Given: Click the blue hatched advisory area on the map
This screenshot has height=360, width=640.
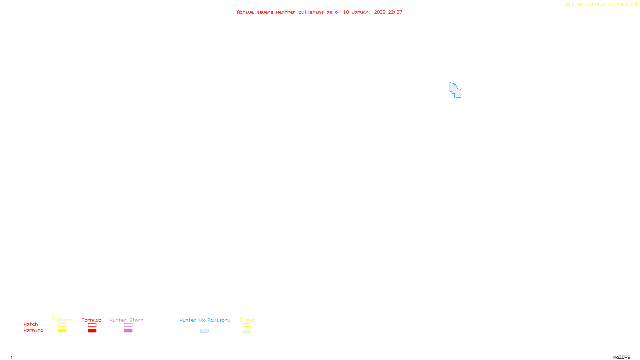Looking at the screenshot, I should click(x=455, y=90).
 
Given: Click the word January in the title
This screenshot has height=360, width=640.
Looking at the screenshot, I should click(x=362, y=12).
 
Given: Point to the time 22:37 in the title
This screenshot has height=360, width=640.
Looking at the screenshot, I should click(x=395, y=12).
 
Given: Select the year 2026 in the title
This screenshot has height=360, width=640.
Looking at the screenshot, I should click(x=380, y=12).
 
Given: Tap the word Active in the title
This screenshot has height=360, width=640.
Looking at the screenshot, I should click(x=245, y=12).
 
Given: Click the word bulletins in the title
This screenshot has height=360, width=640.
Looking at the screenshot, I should click(x=311, y=12).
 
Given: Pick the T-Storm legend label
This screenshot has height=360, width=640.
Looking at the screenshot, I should click(x=62, y=320).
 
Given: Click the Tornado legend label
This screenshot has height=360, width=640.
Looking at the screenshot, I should click(x=92, y=320).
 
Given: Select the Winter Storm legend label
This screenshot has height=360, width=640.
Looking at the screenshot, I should click(x=126, y=320).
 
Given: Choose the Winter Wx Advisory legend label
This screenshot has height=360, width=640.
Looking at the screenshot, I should click(x=205, y=320).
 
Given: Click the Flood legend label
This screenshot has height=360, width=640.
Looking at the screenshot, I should click(x=247, y=320).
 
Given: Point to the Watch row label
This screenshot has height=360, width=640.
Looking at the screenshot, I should click(x=31, y=324).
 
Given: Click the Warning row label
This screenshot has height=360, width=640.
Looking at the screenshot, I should click(x=33, y=330).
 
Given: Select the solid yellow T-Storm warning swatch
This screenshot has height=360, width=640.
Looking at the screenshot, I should click(x=62, y=331).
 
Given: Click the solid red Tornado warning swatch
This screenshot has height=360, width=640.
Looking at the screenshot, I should click(x=92, y=331).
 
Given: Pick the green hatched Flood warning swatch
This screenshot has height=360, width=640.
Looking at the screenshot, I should click(x=247, y=331).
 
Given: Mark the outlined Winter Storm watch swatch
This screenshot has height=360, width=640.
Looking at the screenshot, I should click(x=128, y=325).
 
